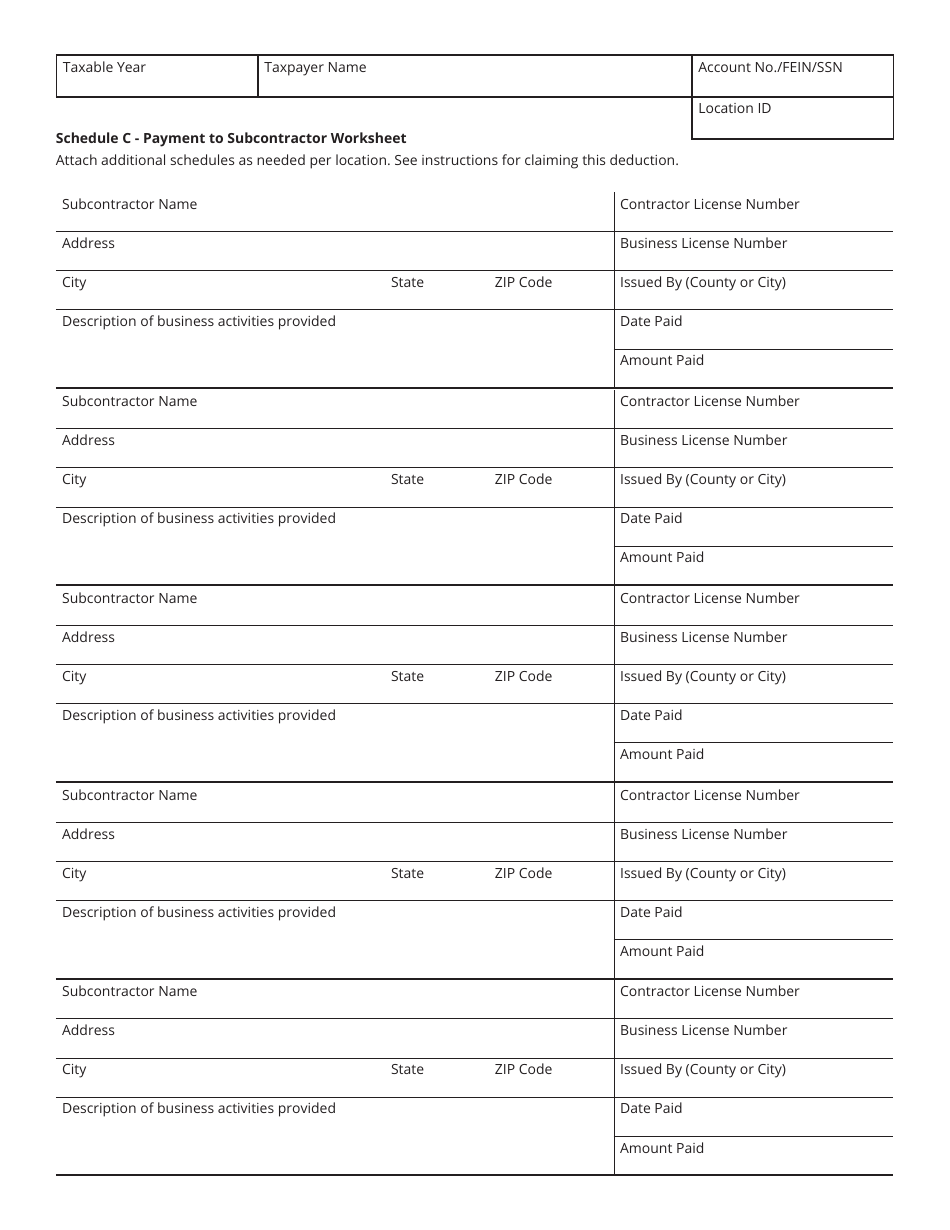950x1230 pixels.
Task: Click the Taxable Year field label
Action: (104, 67)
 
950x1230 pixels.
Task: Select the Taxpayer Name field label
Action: (315, 67)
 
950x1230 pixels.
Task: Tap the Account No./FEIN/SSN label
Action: (769, 67)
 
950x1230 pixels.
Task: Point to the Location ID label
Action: (734, 108)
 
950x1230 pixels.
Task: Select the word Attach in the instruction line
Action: (78, 160)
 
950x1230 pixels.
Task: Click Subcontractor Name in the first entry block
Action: (129, 204)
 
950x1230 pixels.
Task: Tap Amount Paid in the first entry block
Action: (661, 360)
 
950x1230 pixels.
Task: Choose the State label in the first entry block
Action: (407, 282)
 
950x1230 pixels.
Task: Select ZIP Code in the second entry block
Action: (523, 479)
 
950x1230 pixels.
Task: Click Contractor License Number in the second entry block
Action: (709, 401)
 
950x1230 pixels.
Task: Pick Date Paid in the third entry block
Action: (650, 715)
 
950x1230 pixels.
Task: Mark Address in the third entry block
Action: (88, 637)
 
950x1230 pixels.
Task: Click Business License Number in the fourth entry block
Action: (703, 834)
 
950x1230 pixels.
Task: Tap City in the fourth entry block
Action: (74, 873)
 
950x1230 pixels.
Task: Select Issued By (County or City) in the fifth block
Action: (702, 1069)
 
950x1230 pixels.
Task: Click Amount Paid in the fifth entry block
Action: (661, 1148)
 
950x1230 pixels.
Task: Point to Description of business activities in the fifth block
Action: (198, 1108)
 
